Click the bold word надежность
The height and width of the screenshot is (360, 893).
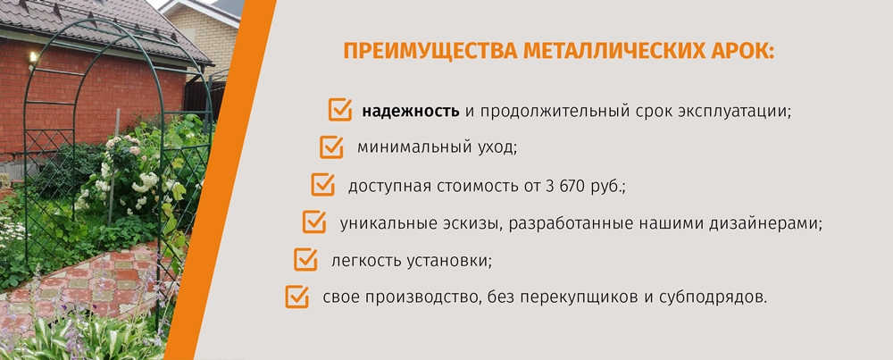tap(411, 110)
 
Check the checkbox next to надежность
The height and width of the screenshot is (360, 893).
tap(339, 110)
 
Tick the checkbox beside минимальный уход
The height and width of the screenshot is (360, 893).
tap(331, 147)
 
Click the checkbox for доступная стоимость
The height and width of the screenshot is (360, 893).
tap(322, 185)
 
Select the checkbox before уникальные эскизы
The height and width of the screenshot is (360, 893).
tap(313, 222)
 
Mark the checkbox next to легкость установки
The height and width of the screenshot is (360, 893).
tap(305, 259)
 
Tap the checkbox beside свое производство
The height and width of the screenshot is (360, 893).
tap(296, 297)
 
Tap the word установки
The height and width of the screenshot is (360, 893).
tap(449, 261)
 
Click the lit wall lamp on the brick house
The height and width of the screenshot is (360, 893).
tap(32, 56)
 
